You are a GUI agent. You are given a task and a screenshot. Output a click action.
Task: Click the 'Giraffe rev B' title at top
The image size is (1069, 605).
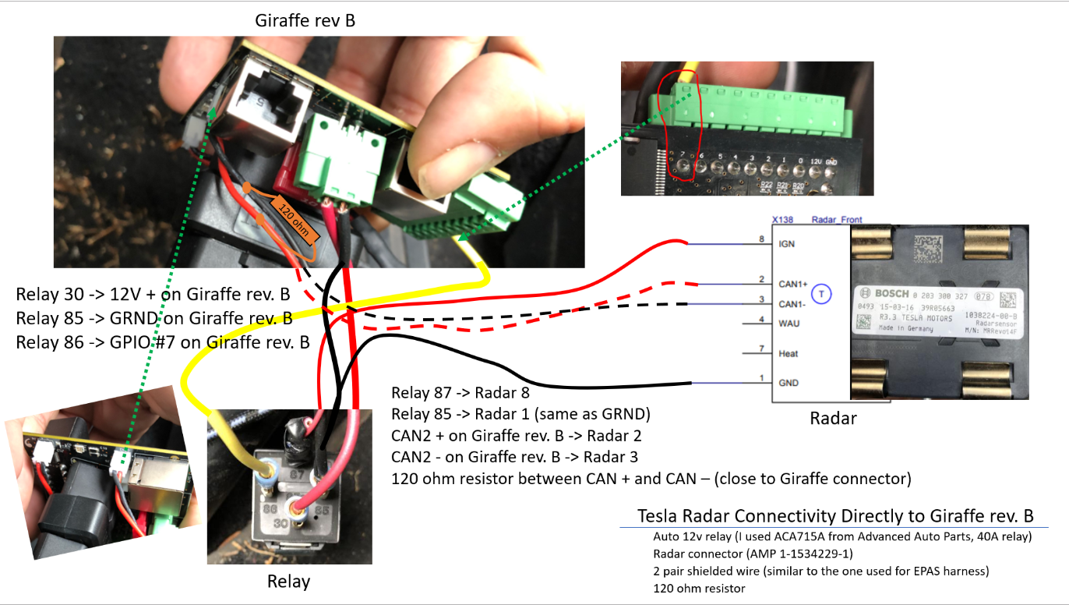coord(305,20)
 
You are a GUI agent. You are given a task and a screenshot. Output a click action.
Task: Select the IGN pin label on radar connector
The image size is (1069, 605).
coord(787,244)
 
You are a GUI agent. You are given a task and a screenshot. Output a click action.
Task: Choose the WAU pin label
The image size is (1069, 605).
coord(789,323)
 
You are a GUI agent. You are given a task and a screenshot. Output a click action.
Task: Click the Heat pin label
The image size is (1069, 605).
coord(789,353)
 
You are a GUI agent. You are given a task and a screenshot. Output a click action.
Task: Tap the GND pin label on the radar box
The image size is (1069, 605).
coord(789,383)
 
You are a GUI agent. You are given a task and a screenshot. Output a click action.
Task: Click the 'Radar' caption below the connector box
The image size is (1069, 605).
coord(833,419)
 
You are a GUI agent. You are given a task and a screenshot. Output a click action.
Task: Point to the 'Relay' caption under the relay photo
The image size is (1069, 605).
coord(288,582)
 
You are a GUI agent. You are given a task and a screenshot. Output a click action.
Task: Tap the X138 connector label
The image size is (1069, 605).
coord(783,221)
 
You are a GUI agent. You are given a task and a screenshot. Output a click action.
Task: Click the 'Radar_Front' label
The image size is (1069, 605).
coord(837,221)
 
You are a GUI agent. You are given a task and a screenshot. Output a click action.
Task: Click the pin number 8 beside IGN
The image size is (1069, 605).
coord(762,239)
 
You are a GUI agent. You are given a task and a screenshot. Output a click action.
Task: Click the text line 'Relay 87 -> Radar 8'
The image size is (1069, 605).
coord(460,392)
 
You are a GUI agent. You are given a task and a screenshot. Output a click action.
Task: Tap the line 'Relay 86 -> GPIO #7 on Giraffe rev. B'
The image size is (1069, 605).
coord(163,341)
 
